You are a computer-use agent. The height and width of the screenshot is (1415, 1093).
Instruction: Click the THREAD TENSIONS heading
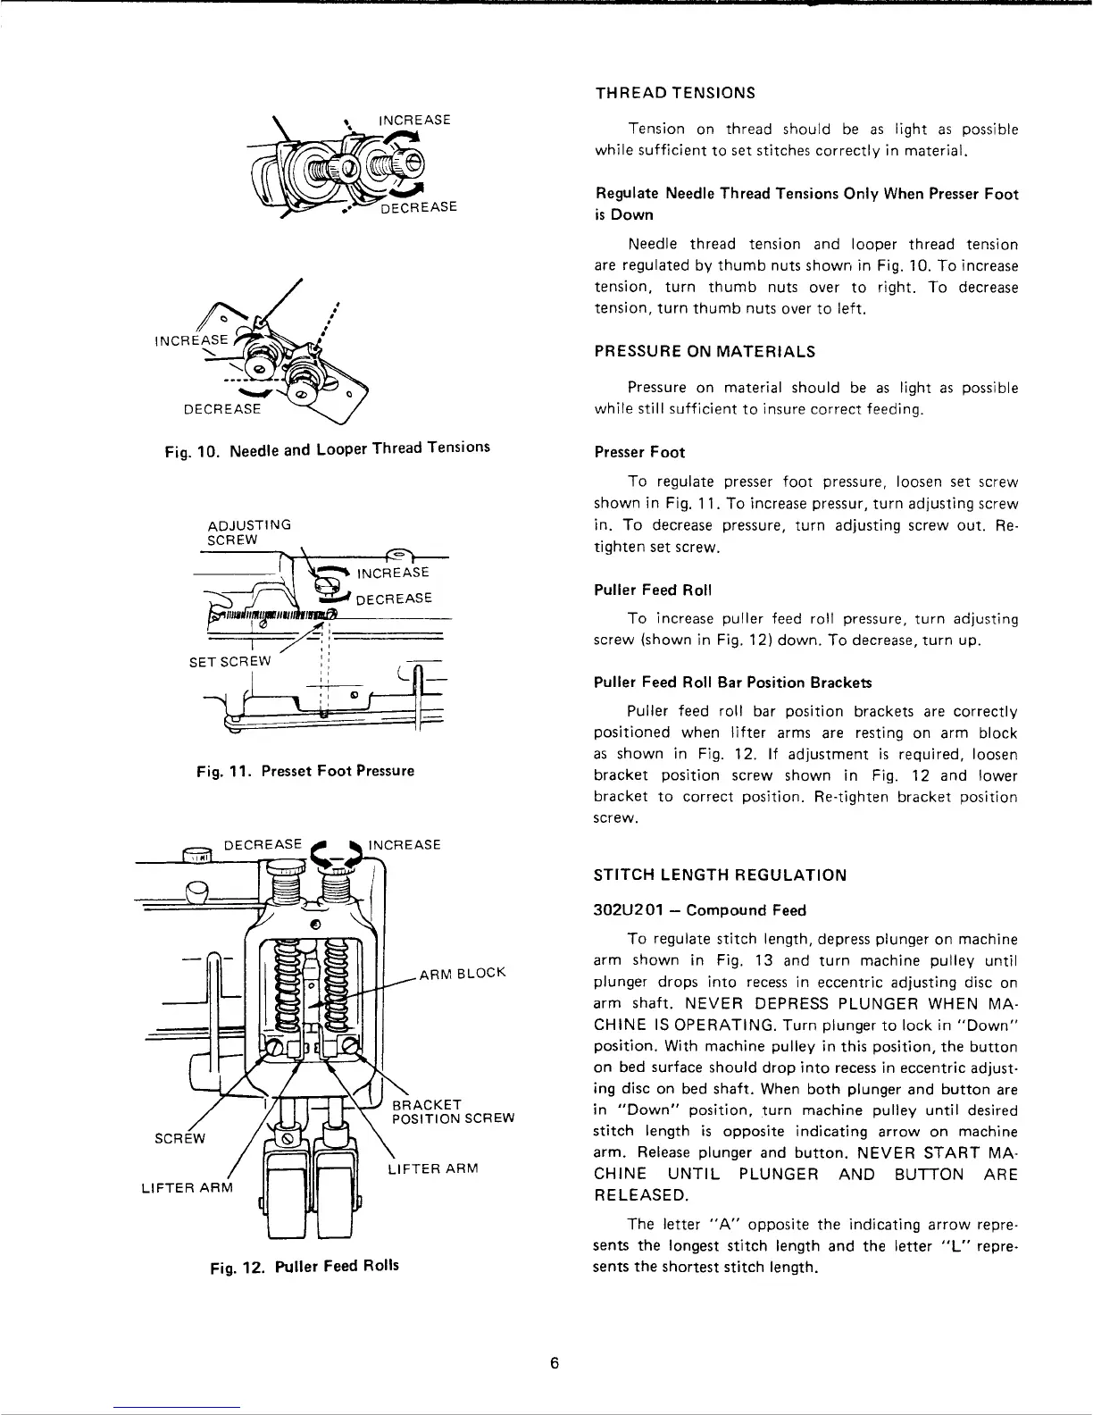(x=675, y=93)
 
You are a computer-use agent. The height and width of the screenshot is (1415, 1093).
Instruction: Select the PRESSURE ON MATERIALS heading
(x=705, y=352)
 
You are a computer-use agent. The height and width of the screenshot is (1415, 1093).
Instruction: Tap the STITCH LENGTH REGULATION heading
(x=720, y=875)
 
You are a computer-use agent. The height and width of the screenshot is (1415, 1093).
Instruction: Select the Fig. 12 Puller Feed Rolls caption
(x=304, y=1266)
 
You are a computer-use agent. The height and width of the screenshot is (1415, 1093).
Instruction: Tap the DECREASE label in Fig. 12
(x=263, y=844)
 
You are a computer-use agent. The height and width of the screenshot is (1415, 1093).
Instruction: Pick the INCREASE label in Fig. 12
(x=405, y=844)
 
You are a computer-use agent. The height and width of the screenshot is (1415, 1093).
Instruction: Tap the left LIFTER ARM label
(x=187, y=1187)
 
